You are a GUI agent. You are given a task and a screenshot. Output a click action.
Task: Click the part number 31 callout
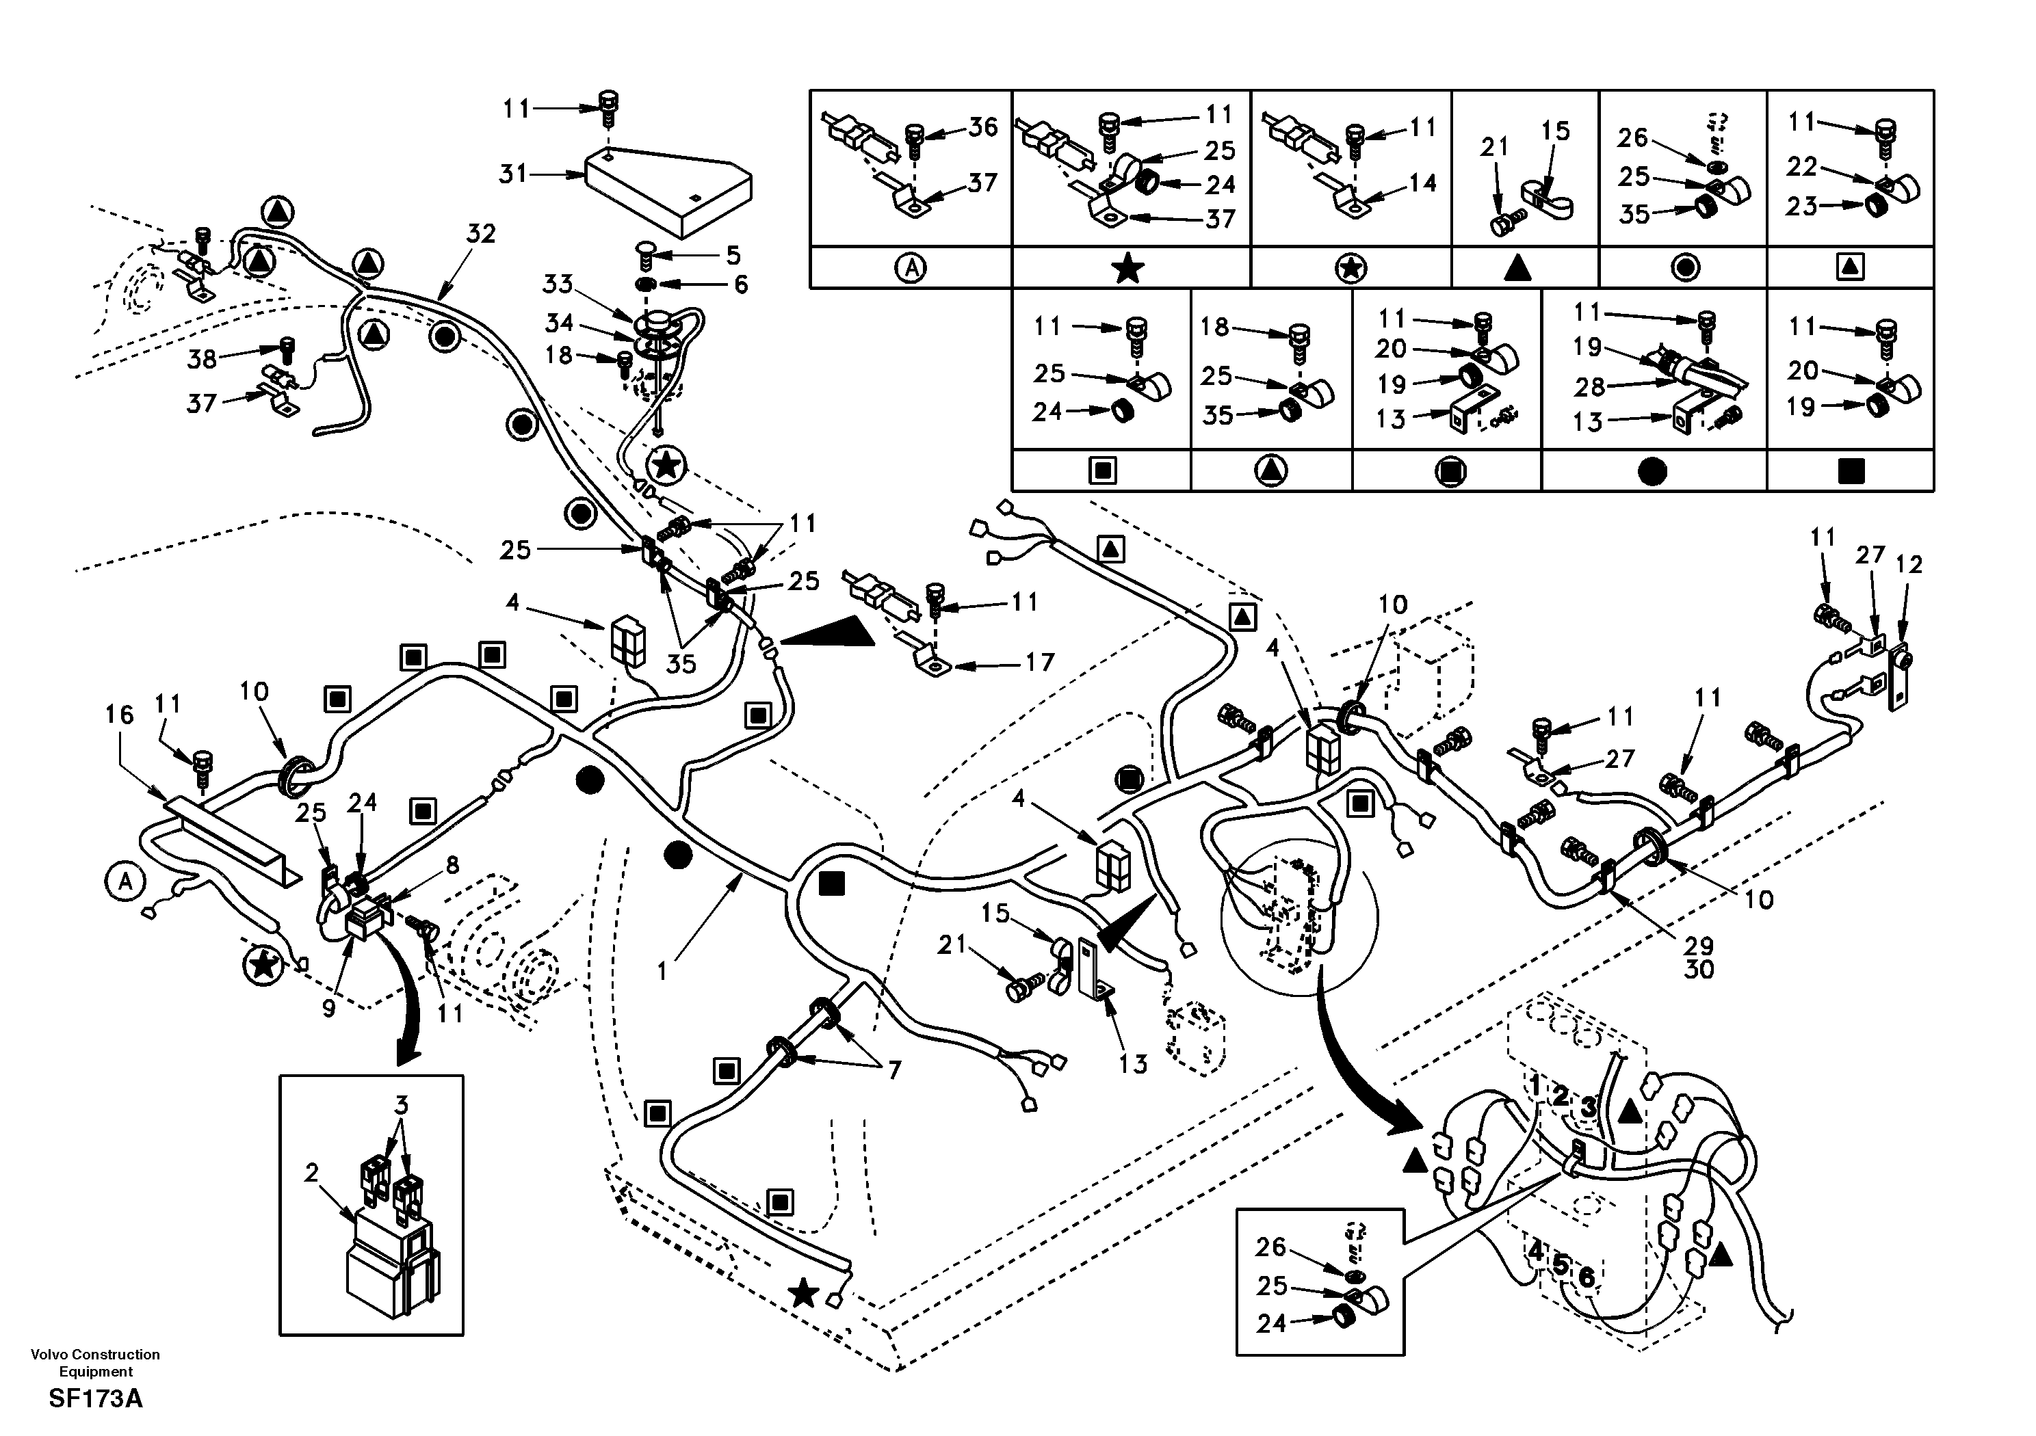512,174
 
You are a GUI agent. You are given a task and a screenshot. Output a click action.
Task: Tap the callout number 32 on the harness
481,234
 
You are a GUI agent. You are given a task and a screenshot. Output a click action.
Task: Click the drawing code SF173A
95,1399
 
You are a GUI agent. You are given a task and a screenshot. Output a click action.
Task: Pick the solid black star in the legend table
1128,267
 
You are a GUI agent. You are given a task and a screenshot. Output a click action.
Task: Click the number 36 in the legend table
982,128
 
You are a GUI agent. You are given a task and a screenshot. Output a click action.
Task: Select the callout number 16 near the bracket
119,715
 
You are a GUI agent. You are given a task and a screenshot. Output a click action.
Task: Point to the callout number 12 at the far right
1909,565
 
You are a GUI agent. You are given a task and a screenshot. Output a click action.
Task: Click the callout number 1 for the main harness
662,972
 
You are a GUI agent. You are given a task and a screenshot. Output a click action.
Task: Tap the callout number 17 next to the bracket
1039,662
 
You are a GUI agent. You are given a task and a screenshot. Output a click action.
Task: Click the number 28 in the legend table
1590,386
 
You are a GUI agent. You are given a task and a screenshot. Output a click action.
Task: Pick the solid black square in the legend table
1851,470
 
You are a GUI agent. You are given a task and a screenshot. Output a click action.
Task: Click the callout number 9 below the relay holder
328,1009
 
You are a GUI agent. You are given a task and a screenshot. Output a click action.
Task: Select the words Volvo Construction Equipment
95,1362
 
